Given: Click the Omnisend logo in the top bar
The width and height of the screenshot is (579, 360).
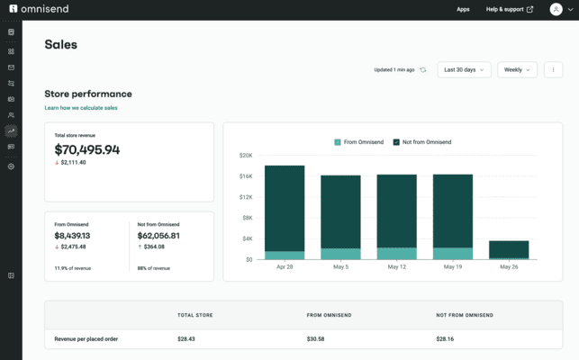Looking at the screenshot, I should point(40,9).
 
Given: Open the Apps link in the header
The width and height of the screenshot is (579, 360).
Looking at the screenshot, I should point(463,9).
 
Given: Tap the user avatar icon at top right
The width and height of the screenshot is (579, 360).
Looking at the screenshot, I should point(556,9).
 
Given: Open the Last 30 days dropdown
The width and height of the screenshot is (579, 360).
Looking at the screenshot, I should point(464,69).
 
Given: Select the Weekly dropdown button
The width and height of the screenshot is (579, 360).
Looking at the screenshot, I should point(517,69).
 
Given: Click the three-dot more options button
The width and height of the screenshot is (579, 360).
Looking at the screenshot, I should point(553,69).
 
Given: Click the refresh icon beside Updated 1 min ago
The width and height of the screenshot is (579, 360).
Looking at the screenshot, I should point(423,69).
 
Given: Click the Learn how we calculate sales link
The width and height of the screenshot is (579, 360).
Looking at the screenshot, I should point(81,108).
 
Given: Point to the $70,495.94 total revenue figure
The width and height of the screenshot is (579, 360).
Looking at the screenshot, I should point(86,149).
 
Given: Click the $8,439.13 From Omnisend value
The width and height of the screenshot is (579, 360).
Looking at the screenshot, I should point(72,236).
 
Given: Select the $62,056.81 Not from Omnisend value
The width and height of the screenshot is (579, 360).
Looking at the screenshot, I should point(158,236).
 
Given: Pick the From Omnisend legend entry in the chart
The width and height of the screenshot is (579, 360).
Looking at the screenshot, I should point(361,142).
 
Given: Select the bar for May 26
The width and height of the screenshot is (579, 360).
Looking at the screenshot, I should point(509,249).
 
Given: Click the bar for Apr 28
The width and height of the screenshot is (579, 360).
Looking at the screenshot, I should point(285,212).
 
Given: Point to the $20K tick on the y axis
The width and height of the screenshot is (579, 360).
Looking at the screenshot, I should point(245,156).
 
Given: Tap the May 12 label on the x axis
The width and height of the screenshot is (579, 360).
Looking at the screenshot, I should point(396,267).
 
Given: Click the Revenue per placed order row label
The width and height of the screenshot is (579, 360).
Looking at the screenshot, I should point(86,339).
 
